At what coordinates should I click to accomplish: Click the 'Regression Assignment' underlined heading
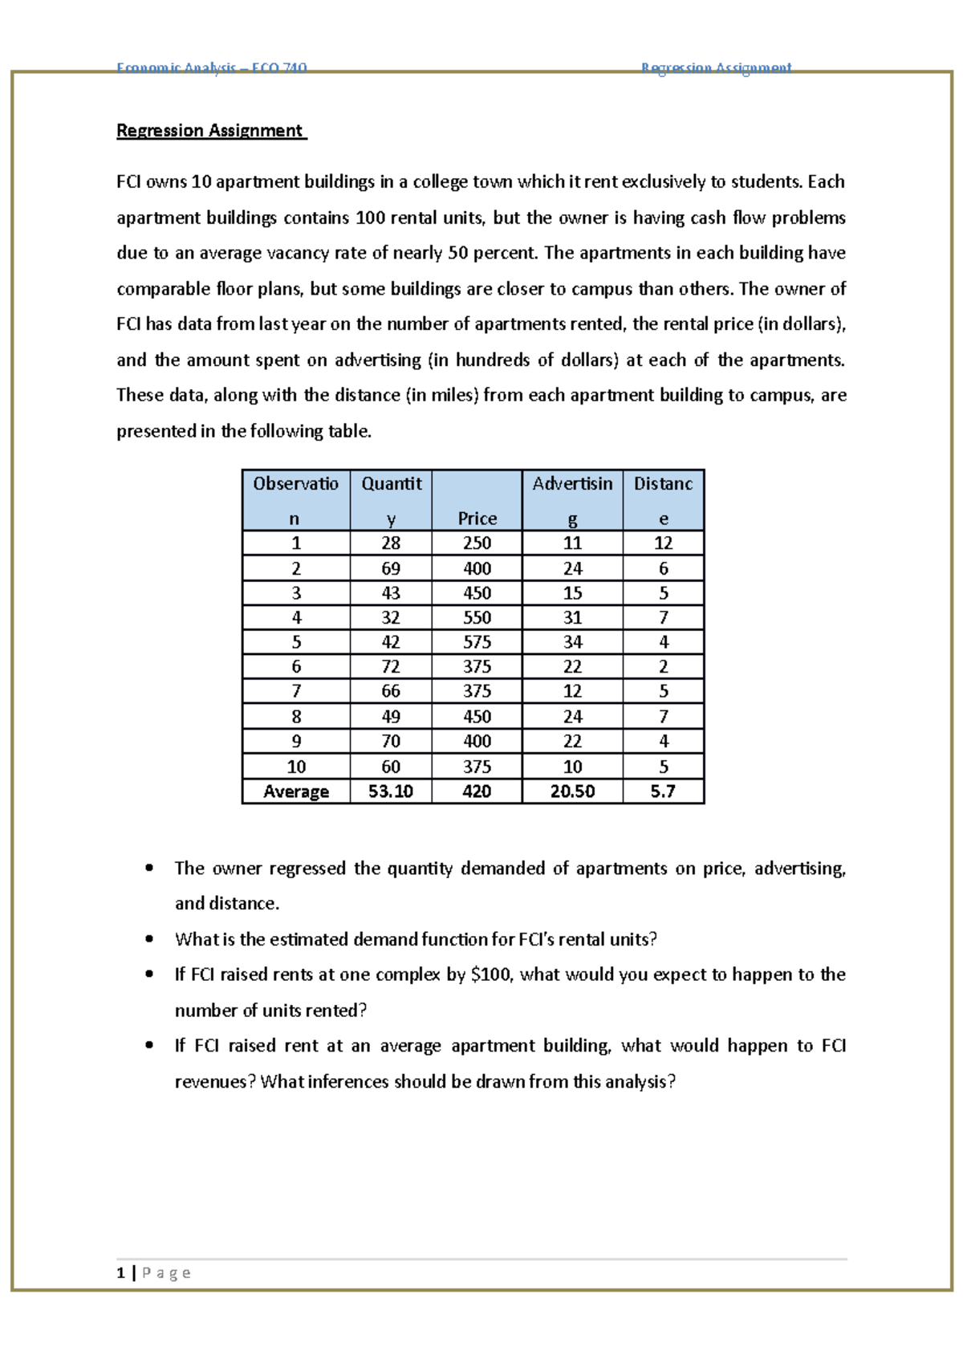pos(210,131)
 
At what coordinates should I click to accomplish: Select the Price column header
pos(477,519)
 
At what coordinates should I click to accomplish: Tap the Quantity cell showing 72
pos(391,666)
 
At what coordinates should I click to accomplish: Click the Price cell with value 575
pos(477,642)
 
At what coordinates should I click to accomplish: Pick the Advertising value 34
pos(572,642)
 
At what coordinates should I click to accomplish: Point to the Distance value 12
pos(663,543)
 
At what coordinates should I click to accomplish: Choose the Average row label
pos(296,791)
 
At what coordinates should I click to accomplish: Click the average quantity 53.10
pos(391,791)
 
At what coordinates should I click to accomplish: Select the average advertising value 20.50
pos(572,791)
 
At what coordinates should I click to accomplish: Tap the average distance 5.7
pos(663,791)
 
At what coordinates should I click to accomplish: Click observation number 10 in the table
pos(296,767)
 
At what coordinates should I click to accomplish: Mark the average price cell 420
pos(477,791)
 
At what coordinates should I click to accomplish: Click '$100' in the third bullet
pos(491,974)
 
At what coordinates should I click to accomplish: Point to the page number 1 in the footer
pos(120,1272)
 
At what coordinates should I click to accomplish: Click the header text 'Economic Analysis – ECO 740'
pos(212,68)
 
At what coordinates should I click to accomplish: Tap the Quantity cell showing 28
pos(391,543)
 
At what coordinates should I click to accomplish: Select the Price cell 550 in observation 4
pos(477,617)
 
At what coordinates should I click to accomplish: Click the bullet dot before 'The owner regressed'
pos(149,868)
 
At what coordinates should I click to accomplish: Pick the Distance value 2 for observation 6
pos(663,666)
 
